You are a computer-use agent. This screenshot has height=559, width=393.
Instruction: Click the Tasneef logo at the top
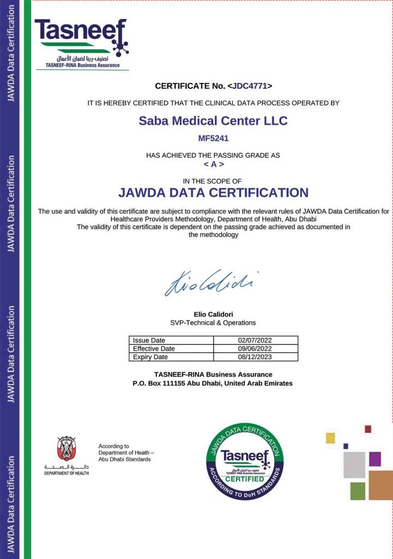[x=82, y=43]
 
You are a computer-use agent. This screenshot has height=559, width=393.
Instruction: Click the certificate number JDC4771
[x=250, y=86]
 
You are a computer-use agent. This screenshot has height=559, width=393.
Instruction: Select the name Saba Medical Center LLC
[x=213, y=121]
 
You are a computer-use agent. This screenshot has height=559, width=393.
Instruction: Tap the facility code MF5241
[x=213, y=138]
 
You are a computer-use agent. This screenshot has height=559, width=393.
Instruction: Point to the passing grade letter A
[x=213, y=164]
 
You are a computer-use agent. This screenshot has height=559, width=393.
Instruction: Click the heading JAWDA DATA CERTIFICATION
[x=213, y=193]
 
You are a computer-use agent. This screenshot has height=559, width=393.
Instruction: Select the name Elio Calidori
[x=213, y=314]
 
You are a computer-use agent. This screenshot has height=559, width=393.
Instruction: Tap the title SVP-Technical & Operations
[x=213, y=323]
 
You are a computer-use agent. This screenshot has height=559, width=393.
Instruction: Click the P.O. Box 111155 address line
[x=213, y=383]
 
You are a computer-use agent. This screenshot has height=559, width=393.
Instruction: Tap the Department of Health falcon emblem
[x=66, y=449]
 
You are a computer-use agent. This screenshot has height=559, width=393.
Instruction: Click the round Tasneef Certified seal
[x=245, y=462]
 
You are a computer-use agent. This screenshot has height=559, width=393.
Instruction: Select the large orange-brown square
[x=380, y=485]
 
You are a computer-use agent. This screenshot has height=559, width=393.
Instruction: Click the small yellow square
[x=330, y=438]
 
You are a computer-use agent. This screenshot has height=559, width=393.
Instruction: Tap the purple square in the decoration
[x=374, y=459]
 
